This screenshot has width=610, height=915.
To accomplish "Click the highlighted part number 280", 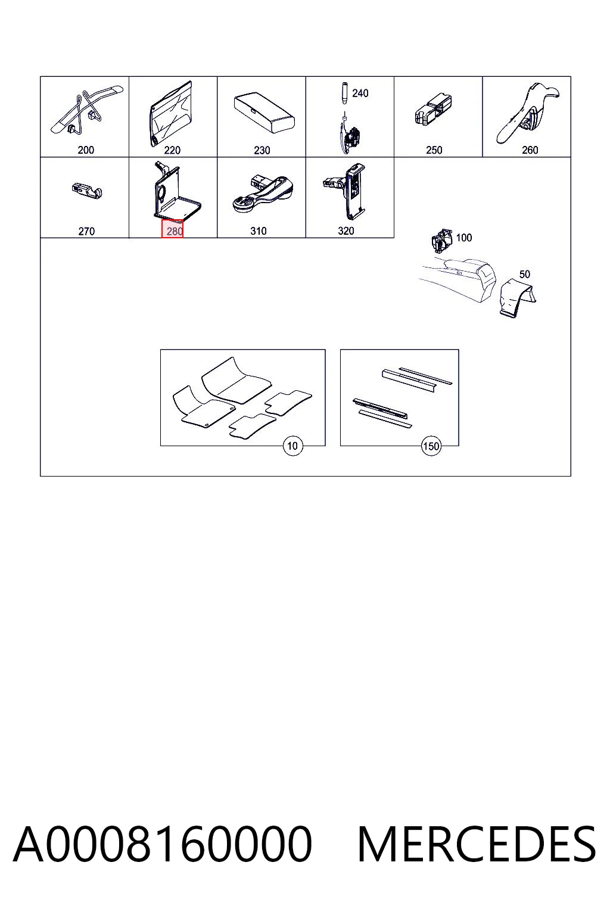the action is click(172, 230).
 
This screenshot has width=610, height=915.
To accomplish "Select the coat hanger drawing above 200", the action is click(86, 111).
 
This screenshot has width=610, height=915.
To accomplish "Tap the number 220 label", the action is click(172, 150).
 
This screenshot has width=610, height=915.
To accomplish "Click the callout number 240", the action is click(360, 94).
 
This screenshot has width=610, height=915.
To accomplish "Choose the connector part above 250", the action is click(433, 108).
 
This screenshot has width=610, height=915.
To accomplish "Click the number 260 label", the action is click(530, 150).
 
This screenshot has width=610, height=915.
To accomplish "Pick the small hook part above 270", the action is click(86, 191).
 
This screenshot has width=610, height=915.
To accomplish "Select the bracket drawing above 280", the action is click(176, 191).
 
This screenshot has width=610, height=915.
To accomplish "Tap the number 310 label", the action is click(258, 231).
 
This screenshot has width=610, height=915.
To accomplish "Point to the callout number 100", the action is click(463, 237).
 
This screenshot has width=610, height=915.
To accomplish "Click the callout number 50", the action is click(524, 274).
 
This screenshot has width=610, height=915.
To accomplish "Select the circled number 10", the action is click(292, 446).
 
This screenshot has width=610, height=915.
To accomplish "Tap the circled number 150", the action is click(431, 446).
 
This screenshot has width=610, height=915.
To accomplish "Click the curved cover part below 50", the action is click(518, 297).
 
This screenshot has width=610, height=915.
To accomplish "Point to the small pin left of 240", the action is click(344, 94).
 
